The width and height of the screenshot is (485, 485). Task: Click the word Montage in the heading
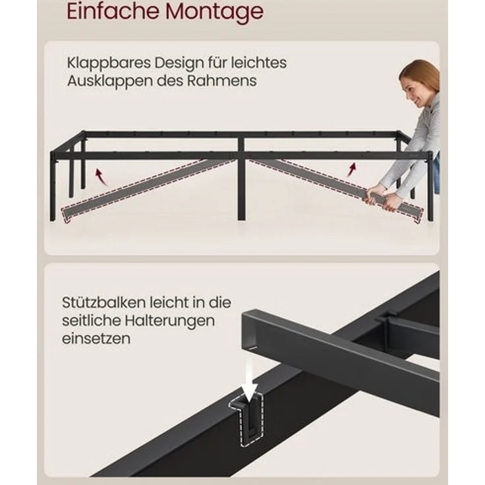212,12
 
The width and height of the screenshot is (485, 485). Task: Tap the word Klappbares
107,63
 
